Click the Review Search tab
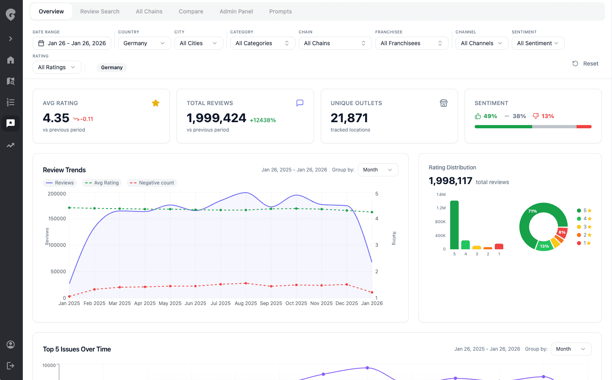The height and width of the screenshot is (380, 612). [x=100, y=11]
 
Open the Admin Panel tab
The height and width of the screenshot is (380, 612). [x=236, y=11]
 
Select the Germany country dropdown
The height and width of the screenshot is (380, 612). [x=144, y=43]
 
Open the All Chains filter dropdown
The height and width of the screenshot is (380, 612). [x=335, y=43]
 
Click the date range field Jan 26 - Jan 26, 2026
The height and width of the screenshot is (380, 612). [x=72, y=43]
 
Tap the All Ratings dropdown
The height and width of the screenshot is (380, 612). [x=57, y=67]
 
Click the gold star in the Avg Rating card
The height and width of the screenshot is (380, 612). [x=156, y=103]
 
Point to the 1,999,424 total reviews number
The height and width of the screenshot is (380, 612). [x=216, y=118]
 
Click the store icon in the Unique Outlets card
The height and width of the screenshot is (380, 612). [x=444, y=103]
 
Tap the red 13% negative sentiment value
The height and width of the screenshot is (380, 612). [x=547, y=116]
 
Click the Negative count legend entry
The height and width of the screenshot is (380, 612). [x=152, y=183]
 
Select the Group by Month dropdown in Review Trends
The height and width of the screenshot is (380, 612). [x=378, y=170]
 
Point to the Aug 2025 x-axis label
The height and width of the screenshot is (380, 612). [x=246, y=303]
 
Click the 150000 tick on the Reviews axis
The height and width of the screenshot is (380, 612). [x=57, y=219]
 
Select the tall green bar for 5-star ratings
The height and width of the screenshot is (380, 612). [x=454, y=225]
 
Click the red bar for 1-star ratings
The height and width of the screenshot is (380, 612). [x=499, y=246]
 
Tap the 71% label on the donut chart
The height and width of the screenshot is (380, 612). [x=533, y=211]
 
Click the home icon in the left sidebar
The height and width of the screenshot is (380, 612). [x=11, y=60]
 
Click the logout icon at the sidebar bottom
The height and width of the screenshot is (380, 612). [x=11, y=365]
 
